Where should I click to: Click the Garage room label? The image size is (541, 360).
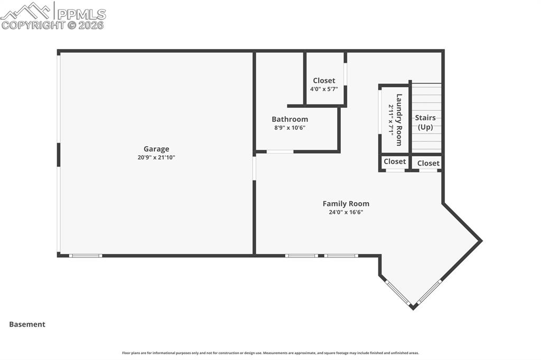point(156,149)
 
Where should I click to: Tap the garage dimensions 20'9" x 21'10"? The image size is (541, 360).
point(156,158)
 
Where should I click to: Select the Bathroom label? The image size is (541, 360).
point(290,119)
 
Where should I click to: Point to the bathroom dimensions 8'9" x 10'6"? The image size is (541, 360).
point(290,128)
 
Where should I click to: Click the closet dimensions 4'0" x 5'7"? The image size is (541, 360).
point(324,89)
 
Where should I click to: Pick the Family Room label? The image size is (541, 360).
point(346,204)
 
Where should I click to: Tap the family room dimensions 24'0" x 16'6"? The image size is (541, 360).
point(346,212)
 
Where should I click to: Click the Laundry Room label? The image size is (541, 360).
point(399,120)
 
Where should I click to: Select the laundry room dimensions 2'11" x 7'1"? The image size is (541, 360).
point(391,120)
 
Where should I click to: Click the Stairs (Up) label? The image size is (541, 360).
point(425,122)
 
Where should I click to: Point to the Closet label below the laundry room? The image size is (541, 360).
point(395,162)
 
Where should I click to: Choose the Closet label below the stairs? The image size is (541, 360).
point(428,163)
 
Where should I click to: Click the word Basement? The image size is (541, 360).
point(27,325)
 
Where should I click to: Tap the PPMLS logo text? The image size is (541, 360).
point(81,14)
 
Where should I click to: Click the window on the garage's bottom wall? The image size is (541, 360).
point(86,256)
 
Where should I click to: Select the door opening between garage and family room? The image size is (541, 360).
point(254,168)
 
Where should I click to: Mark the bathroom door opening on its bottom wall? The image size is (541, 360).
point(280,151)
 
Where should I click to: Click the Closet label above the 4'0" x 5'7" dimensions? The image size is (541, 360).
point(324,81)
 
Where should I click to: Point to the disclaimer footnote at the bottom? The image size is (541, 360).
point(270,353)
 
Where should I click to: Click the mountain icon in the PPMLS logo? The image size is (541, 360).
point(25,11)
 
